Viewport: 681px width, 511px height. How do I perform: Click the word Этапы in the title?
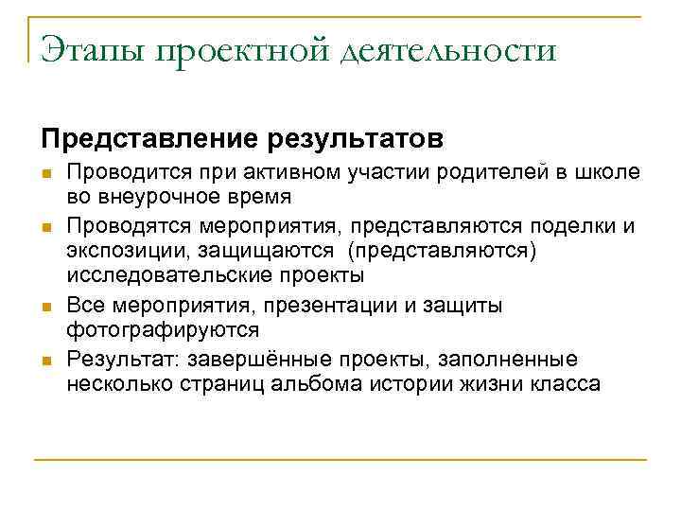click(92, 50)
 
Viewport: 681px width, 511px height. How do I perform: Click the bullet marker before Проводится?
click(45, 173)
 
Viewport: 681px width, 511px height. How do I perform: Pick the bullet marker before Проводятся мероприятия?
click(45, 227)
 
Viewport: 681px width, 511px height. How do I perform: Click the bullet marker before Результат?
click(45, 361)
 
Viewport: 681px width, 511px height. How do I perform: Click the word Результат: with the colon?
click(123, 360)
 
